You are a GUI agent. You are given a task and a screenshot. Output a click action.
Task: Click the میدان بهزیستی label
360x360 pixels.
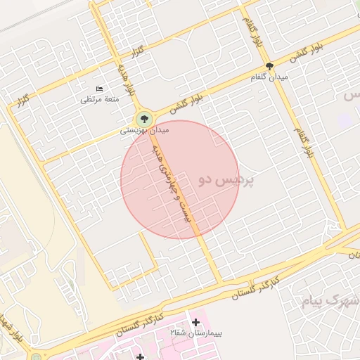[144, 131]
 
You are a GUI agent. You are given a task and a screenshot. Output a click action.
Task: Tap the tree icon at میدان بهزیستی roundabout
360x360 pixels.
[144, 118]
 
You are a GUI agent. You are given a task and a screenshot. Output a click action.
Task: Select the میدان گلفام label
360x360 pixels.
[269, 76]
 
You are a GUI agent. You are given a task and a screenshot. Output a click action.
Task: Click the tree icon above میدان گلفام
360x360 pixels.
[269, 65]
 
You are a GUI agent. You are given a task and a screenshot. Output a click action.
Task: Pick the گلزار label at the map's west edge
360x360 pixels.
[22, 101]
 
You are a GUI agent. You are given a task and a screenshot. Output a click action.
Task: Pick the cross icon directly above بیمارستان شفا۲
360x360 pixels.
[195, 322]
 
